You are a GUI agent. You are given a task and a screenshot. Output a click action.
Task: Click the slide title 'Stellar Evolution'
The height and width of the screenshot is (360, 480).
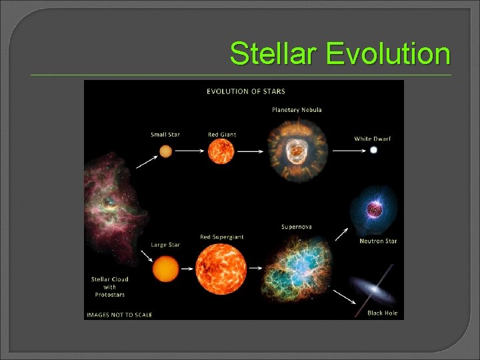pyautogui.click(x=339, y=53)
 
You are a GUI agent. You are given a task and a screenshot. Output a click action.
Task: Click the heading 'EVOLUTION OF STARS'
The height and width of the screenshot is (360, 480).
pyautogui.click(x=246, y=91)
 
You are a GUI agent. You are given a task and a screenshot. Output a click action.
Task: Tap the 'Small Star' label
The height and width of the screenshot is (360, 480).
pyautogui.click(x=165, y=135)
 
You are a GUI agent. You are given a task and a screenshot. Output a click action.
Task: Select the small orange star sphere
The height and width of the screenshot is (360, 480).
pyautogui.click(x=165, y=151)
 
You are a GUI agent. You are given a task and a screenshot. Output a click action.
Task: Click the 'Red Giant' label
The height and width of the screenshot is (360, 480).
pyautogui.click(x=222, y=135)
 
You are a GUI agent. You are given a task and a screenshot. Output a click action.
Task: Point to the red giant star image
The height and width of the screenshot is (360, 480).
pyautogui.click(x=222, y=151)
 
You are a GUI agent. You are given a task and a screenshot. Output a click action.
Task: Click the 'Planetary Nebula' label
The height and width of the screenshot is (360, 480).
pyautogui.click(x=297, y=109)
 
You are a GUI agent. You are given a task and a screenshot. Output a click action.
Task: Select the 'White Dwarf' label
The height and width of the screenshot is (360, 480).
pyautogui.click(x=373, y=139)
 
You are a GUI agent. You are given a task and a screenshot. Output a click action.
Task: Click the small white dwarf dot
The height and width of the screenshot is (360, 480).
pyautogui.click(x=373, y=151)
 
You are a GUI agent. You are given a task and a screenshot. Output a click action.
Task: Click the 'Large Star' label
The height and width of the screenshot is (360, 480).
pyautogui.click(x=165, y=245)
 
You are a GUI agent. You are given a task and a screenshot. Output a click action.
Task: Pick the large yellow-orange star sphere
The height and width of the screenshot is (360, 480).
pyautogui.click(x=165, y=269)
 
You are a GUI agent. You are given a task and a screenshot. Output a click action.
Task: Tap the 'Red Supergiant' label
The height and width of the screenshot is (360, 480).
pyautogui.click(x=222, y=237)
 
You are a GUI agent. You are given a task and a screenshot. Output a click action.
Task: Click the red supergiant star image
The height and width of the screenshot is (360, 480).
pyautogui.click(x=221, y=269)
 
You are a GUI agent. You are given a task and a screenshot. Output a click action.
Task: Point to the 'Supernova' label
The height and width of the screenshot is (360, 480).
pyautogui.click(x=297, y=227)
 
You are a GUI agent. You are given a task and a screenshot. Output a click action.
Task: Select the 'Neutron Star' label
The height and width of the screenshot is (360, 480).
pyautogui.click(x=378, y=241)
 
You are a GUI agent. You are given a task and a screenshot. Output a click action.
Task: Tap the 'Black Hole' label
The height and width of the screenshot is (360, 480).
pyautogui.click(x=383, y=313)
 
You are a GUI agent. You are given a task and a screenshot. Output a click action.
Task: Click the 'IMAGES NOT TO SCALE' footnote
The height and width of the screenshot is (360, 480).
pyautogui.click(x=119, y=315)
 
